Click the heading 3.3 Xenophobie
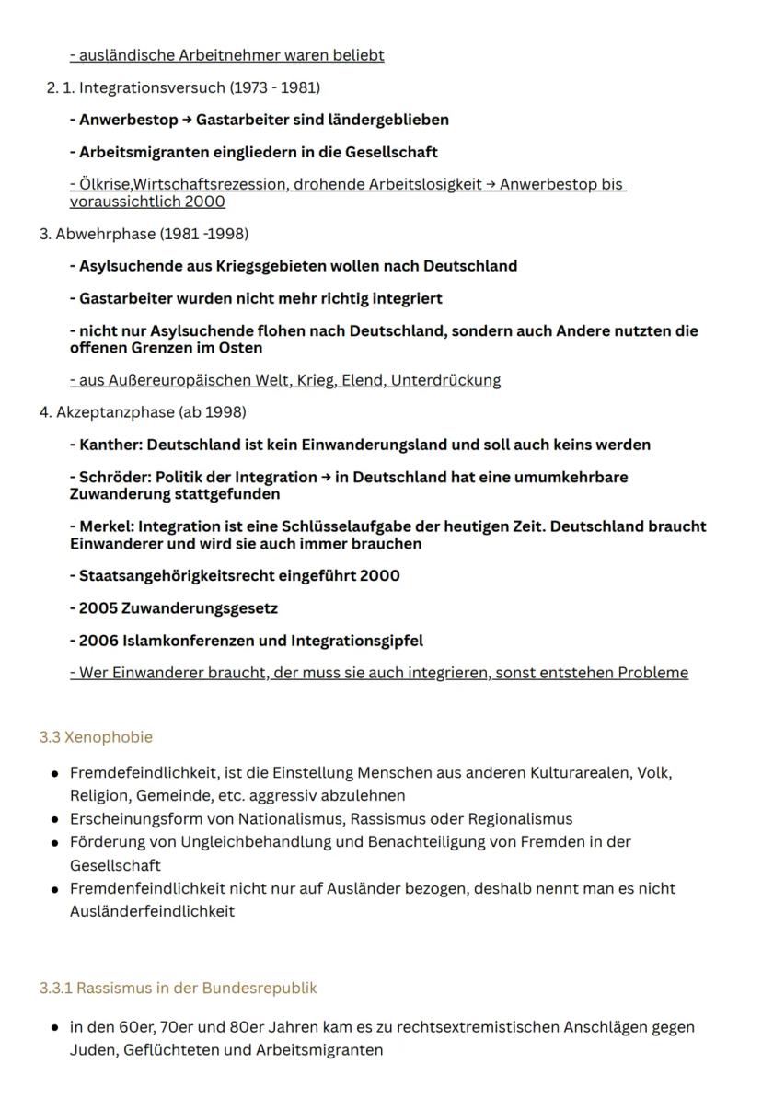tap(96, 737)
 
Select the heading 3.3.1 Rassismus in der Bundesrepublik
tap(178, 988)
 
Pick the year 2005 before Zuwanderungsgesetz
tap(98, 608)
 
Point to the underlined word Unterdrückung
tap(445, 380)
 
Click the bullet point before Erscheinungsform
tap(55, 819)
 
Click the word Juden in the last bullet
tap(89, 1049)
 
